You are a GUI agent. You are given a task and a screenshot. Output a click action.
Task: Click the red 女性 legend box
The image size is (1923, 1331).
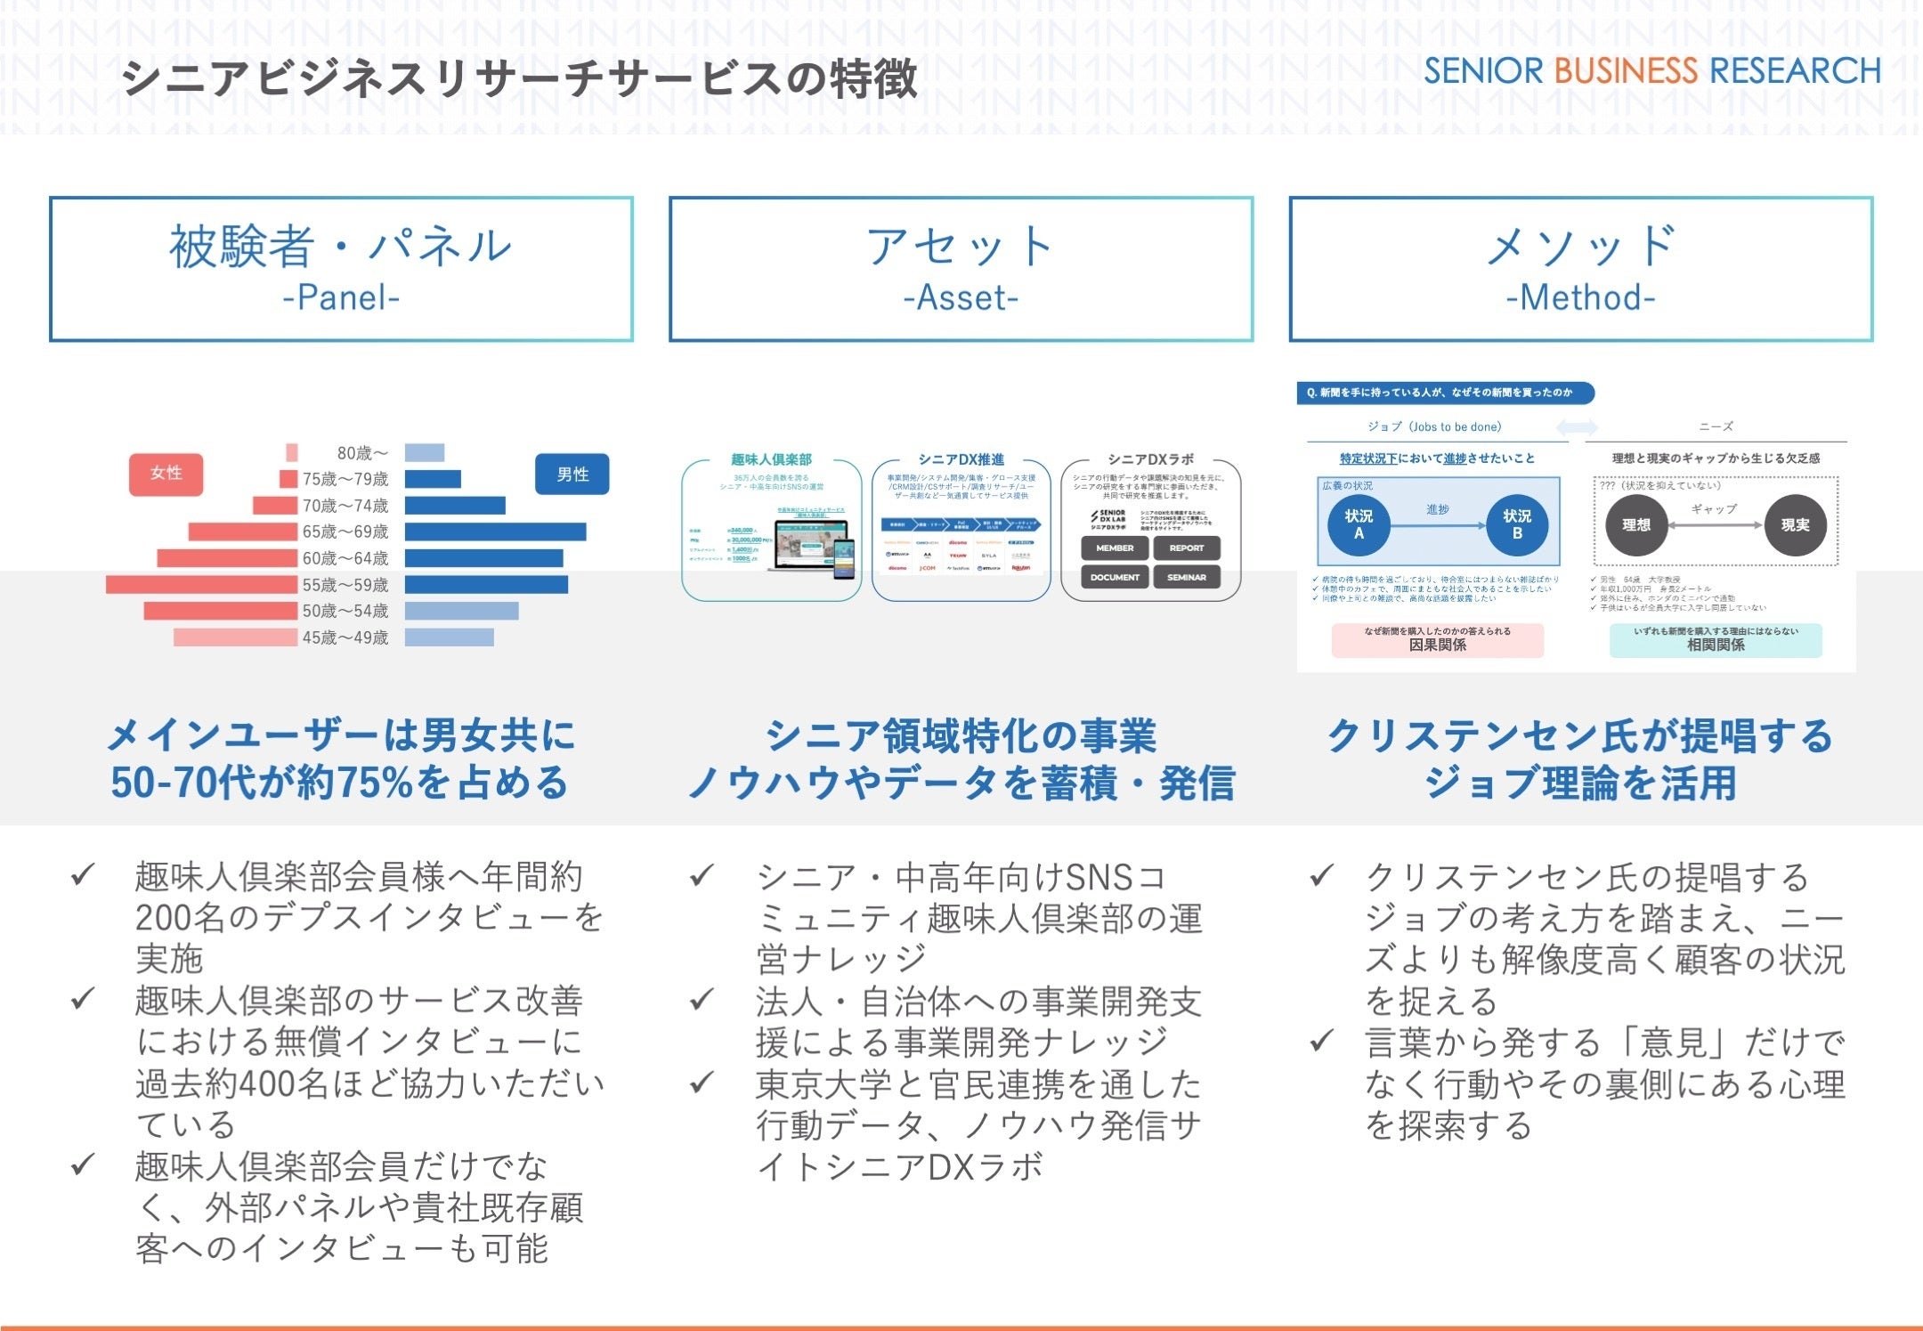point(166,474)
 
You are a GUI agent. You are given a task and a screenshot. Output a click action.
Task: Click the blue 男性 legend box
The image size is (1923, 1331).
point(572,475)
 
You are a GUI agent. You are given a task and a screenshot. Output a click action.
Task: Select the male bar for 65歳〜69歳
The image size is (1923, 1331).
point(495,532)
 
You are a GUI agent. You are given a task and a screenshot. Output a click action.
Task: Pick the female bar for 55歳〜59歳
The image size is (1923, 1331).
point(201,585)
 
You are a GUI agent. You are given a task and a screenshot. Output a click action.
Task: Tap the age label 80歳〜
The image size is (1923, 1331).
point(362,453)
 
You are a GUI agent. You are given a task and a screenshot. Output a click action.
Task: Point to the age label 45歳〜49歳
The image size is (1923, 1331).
point(345,637)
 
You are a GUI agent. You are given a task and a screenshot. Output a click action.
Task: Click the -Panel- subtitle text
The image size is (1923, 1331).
point(341,297)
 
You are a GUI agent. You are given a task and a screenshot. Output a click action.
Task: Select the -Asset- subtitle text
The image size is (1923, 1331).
point(961,297)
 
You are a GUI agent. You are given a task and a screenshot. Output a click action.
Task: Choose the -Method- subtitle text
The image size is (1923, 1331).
point(1580,297)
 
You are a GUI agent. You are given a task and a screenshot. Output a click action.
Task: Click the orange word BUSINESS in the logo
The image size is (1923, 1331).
point(1626,71)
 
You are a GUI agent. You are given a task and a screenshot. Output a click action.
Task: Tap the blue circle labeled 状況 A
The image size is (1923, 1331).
point(1359,524)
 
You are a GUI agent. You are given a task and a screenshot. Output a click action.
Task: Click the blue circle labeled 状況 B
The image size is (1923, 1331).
point(1517,524)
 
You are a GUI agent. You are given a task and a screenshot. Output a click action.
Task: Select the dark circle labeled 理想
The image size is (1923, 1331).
point(1636,525)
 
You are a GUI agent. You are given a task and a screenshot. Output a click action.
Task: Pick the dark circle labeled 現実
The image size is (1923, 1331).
point(1795,525)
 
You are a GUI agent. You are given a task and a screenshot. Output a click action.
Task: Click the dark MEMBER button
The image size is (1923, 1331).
point(1115,548)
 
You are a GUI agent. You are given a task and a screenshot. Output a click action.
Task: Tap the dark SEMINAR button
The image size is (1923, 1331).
point(1187,578)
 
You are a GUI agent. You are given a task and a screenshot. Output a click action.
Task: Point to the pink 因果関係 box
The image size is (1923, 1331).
point(1437,640)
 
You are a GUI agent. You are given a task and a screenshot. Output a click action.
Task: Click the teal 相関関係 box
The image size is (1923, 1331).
point(1716,640)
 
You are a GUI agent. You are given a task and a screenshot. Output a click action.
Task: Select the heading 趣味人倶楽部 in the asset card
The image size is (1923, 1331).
point(771,459)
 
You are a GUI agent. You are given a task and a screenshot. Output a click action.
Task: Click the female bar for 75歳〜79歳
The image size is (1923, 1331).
point(288,479)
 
